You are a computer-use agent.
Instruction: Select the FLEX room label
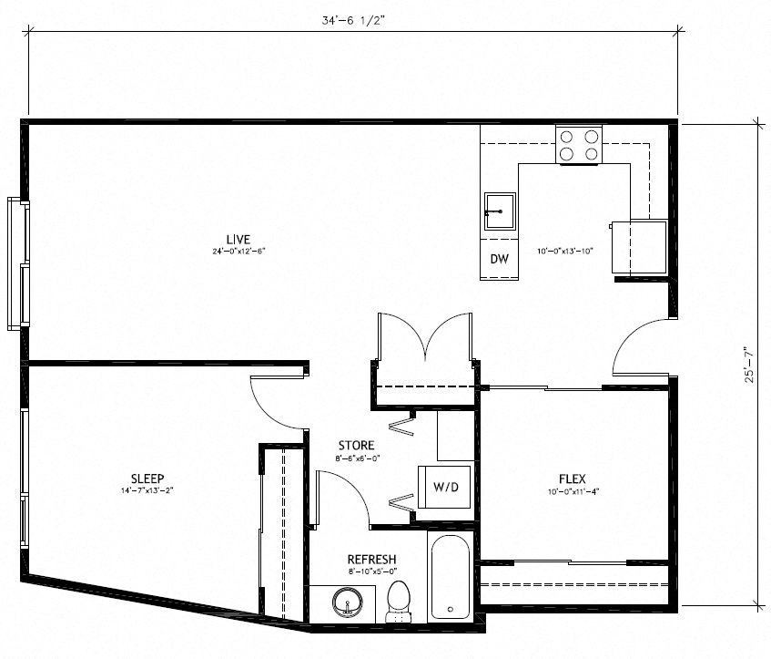tap(572, 479)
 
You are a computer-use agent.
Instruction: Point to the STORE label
tap(356, 446)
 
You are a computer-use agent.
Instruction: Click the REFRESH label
tap(371, 560)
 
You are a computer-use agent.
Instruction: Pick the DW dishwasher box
tap(499, 259)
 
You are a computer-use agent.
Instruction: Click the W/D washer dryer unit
tap(445, 488)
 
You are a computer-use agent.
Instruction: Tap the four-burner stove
tap(580, 145)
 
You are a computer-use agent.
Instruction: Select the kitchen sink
tap(499, 212)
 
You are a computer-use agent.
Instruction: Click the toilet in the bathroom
tap(398, 601)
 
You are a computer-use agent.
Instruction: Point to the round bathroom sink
tap(348, 603)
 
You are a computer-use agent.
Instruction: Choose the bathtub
tap(451, 580)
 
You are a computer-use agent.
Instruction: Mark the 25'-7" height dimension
tap(748, 363)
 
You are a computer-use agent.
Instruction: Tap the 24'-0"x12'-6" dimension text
tap(238, 251)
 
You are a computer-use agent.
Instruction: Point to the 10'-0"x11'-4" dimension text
tap(572, 491)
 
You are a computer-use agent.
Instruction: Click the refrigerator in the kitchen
tap(639, 247)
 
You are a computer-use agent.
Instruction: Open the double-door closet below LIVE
tap(425, 351)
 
